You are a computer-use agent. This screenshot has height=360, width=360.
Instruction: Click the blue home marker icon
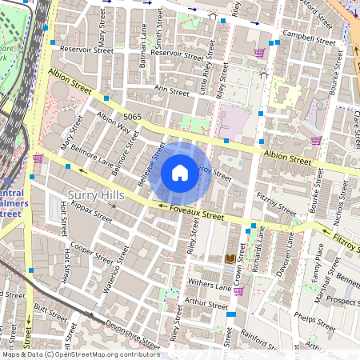pos(180,173)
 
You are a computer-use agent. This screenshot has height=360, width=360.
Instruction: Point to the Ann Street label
pos(172,90)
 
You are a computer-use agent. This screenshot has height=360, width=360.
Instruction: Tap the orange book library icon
pos(231,258)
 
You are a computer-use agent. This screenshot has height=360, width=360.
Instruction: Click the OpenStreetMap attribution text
pos(80,354)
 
